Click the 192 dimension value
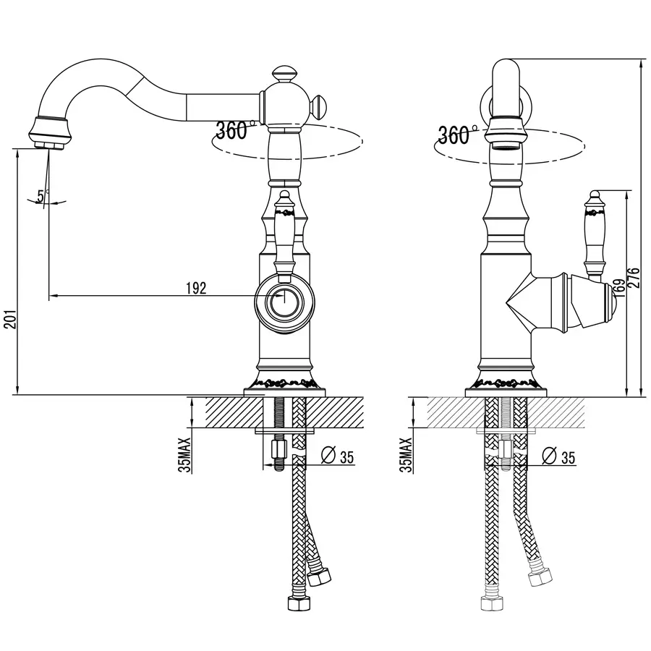pyautogui.click(x=196, y=288)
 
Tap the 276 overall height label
pyautogui.click(x=634, y=277)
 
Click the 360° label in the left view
pyautogui.click(x=235, y=130)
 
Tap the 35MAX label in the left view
pyautogui.click(x=185, y=455)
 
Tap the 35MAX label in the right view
pyautogui.click(x=407, y=455)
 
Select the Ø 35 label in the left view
pyautogui.click(x=338, y=456)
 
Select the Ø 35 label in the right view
pyautogui.click(x=559, y=456)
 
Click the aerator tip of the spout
pyautogui.click(x=49, y=145)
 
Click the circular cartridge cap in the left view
pyautogui.click(x=284, y=302)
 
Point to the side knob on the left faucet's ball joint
pyautogui.click(x=318, y=107)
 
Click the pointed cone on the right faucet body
pyautogui.click(x=519, y=302)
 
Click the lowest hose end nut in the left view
pyautogui.click(x=298, y=603)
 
